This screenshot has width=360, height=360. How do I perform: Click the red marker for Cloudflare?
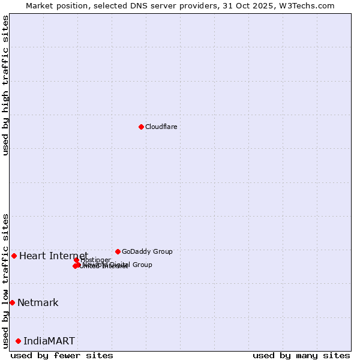[x=141, y=127]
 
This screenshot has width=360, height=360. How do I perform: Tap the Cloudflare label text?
[x=161, y=127]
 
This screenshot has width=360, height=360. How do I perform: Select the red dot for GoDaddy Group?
[x=118, y=251]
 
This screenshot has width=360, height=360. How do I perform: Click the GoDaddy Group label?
[x=147, y=251]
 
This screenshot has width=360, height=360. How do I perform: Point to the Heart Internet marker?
[x=14, y=256]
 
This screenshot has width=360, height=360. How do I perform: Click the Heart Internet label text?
[x=53, y=256]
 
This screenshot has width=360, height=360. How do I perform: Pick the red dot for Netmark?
[x=12, y=302]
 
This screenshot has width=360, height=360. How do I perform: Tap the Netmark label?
[x=38, y=302]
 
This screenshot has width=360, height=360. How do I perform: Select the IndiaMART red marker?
[x=18, y=341]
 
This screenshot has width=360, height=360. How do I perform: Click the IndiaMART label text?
[x=49, y=341]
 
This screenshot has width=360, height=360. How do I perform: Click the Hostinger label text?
[x=96, y=260]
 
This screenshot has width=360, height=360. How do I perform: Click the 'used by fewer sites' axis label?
[x=62, y=355]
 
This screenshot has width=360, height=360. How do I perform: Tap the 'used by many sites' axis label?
[x=301, y=355]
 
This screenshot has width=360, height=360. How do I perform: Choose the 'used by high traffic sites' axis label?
[x=5, y=85]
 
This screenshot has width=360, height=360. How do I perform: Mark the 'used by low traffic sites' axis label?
[x=5, y=280]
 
